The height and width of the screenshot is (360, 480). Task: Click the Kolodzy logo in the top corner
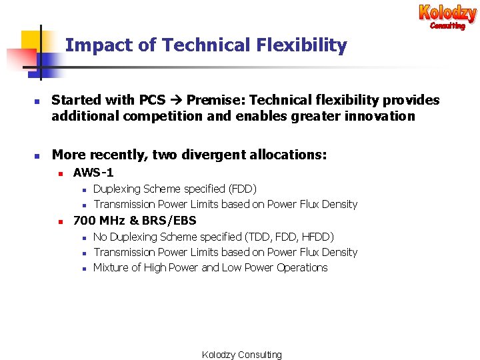pyautogui.click(x=447, y=16)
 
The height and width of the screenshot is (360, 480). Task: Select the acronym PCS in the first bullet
pyautogui.click(x=152, y=100)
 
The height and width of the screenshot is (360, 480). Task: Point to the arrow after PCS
pyautogui.click(x=176, y=100)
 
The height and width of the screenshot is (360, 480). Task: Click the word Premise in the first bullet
pyautogui.click(x=211, y=100)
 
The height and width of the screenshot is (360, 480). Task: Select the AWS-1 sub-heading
pyautogui.click(x=93, y=173)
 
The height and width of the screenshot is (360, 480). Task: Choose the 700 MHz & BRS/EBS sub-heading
pyautogui.click(x=135, y=220)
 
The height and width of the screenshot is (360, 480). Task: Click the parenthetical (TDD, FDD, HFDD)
pyautogui.click(x=289, y=237)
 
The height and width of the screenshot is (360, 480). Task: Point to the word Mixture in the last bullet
pyautogui.click(x=111, y=267)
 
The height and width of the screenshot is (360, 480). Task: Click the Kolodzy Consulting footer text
pyautogui.click(x=242, y=355)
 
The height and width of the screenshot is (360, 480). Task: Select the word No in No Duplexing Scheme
pyautogui.click(x=100, y=237)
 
